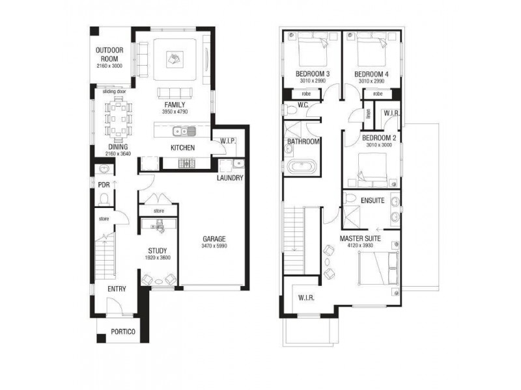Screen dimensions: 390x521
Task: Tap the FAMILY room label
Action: (x=175, y=105)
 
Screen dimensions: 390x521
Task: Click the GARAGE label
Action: (x=214, y=238)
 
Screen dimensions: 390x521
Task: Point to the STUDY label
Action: (x=157, y=250)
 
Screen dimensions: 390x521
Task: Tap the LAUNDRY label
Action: (x=231, y=178)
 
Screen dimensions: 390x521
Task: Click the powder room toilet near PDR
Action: (x=104, y=170)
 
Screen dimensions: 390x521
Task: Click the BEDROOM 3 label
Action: (x=313, y=74)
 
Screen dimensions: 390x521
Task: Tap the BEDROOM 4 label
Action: (x=372, y=74)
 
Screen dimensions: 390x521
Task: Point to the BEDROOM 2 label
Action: (x=379, y=138)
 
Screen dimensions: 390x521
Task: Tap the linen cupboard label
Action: (x=367, y=114)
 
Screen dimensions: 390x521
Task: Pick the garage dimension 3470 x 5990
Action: (x=214, y=246)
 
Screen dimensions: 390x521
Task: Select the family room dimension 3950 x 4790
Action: (x=175, y=112)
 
